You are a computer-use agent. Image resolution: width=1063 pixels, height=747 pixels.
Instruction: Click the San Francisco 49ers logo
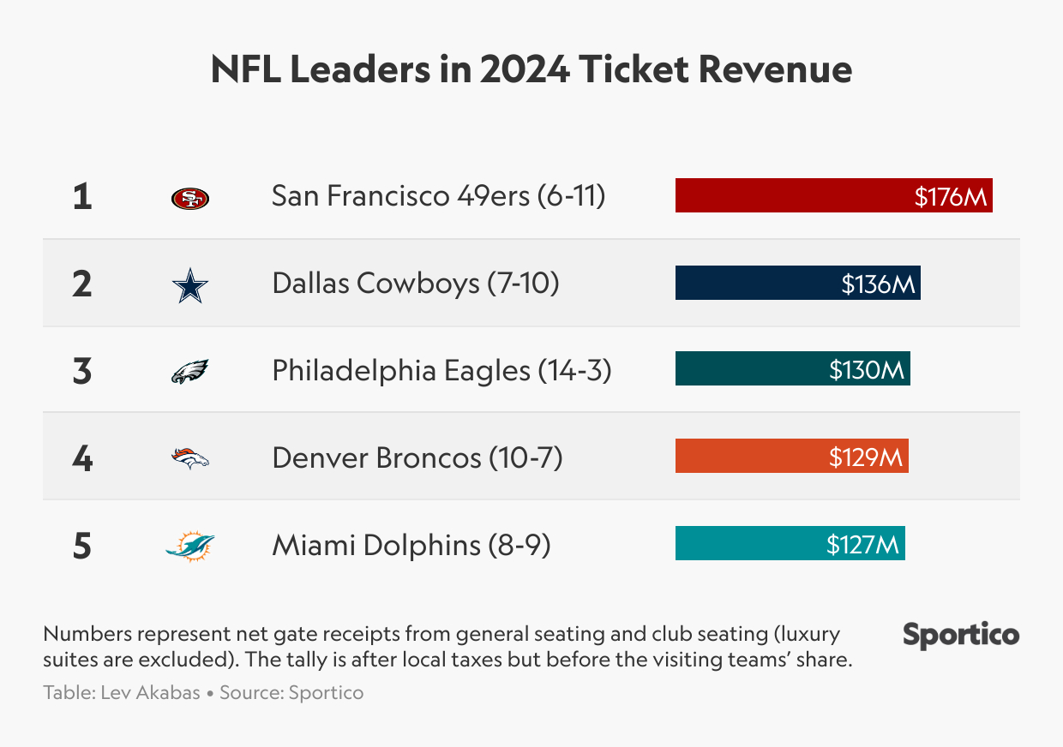(189, 199)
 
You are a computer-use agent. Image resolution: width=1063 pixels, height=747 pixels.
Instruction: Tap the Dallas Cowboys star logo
(189, 285)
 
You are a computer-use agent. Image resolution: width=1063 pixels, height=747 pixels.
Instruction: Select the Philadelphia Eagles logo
(189, 372)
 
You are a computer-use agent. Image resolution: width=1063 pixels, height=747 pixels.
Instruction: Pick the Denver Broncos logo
(189, 459)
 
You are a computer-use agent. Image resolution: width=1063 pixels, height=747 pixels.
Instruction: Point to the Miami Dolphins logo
(189, 546)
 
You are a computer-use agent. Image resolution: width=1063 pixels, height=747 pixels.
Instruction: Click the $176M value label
(951, 197)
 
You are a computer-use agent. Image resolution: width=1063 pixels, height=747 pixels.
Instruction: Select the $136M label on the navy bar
(879, 284)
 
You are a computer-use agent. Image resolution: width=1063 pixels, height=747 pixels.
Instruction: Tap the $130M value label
(867, 370)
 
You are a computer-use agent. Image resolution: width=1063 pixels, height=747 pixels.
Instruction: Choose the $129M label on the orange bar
(866, 457)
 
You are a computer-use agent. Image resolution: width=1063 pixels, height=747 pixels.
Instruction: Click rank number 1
(82, 197)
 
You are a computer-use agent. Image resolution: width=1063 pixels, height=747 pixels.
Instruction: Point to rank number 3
(82, 372)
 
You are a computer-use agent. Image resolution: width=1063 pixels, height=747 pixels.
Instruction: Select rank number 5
(82, 546)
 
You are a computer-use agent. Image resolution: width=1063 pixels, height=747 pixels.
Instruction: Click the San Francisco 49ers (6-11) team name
(438, 197)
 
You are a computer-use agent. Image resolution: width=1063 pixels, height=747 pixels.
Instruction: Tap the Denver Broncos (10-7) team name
(417, 458)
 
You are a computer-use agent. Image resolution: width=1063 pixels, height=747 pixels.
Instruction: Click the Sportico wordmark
(961, 635)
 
